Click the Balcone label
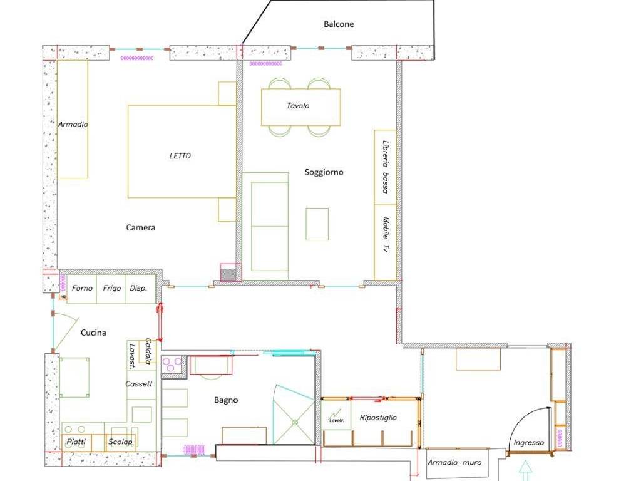[x=339, y=24]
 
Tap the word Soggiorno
[x=324, y=172]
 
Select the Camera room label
[x=141, y=227]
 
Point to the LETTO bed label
[x=180, y=156]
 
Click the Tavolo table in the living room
[x=300, y=107]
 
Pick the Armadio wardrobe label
[x=73, y=124]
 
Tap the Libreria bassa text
[x=385, y=167]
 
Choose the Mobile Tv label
[x=385, y=234]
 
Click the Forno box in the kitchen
[x=82, y=289]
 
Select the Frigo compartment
[x=111, y=289]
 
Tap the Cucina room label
[x=93, y=333]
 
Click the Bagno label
[x=225, y=400]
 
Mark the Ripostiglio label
[x=378, y=418]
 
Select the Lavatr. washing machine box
[x=336, y=415]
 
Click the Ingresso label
[x=528, y=443]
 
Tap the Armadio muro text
[x=454, y=463]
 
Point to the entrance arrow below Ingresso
[x=525, y=470]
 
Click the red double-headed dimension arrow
[x=160, y=323]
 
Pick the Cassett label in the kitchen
[x=138, y=384]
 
